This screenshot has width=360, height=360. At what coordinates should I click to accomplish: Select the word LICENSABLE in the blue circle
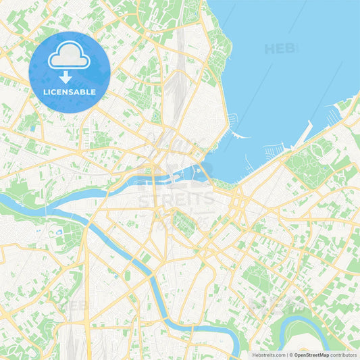pos(69,91)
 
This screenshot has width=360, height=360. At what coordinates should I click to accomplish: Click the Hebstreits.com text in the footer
pos(269,355)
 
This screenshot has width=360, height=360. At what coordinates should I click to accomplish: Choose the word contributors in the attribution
pos(343,355)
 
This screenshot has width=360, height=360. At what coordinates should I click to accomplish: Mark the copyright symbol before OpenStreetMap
pos(290,355)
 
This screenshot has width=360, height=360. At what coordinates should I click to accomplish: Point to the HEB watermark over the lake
pos(280,49)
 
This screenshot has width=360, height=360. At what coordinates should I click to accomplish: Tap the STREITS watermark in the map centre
pos(176,199)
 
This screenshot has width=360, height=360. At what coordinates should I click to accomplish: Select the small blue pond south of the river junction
pos(59,232)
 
